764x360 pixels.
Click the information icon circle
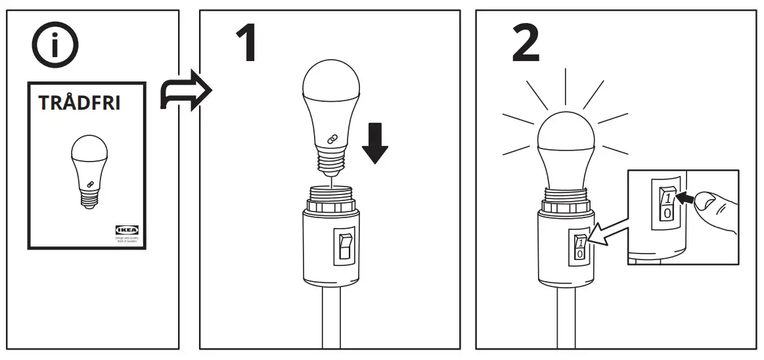[55, 47]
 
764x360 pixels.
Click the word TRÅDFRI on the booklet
[79, 104]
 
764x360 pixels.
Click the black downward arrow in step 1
[375, 145]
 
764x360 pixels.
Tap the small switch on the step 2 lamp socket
[579, 247]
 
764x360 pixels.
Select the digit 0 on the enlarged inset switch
[667, 215]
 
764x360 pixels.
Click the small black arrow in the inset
[686, 196]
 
